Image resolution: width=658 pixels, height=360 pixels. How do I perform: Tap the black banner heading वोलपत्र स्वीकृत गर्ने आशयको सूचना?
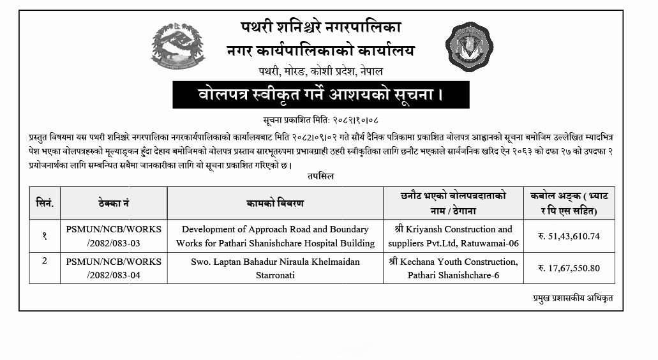[x=320, y=95]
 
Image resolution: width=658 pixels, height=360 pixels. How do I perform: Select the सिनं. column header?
[x=45, y=203]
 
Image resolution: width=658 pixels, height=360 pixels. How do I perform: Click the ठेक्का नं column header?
[x=114, y=203]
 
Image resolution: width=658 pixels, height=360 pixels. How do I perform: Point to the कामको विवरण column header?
[x=275, y=203]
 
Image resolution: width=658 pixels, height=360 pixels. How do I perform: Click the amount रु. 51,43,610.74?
[x=568, y=236]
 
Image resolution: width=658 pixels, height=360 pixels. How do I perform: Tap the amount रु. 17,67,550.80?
[x=568, y=268]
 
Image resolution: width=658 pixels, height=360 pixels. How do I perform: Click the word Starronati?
[x=275, y=275]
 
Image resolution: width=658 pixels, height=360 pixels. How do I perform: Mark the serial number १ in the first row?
[x=45, y=236]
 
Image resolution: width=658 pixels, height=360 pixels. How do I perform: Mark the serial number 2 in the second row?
[x=45, y=261]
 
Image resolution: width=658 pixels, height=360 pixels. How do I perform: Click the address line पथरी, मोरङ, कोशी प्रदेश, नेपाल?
[x=320, y=71]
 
